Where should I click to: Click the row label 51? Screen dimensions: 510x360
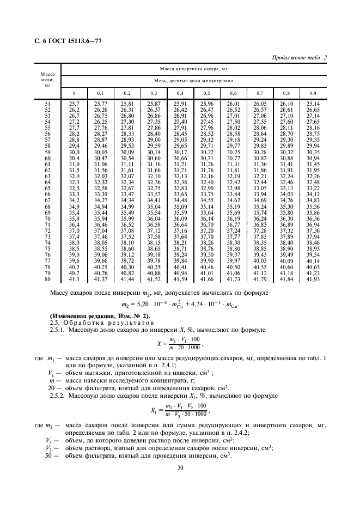coord(47,103)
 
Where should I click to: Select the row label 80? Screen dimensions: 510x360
coord(47,279)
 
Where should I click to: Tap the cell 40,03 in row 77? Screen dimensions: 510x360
coord(259,261)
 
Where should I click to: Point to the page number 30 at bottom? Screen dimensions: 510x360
coord(180,467)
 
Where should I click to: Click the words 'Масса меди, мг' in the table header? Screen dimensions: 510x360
coord(47,80)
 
